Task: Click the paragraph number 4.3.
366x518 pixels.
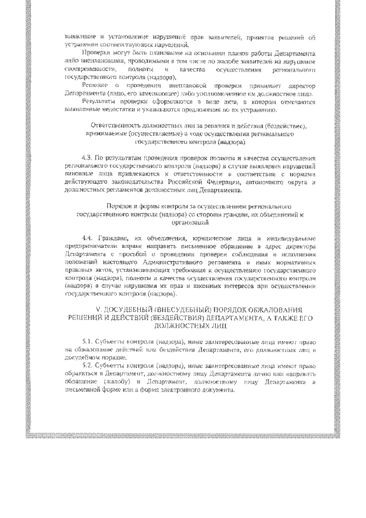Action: pyautogui.click(x=87, y=156)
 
